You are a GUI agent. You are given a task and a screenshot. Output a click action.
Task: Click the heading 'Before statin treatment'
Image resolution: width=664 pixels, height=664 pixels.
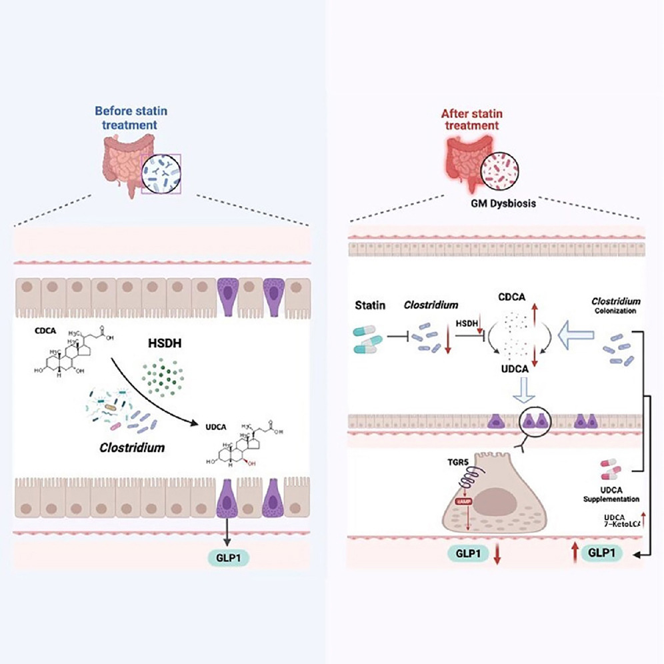125,117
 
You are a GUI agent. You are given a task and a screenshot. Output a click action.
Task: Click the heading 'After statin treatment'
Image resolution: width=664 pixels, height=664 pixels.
476,117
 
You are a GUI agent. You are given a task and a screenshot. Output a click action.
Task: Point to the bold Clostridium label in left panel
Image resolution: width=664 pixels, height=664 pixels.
131,448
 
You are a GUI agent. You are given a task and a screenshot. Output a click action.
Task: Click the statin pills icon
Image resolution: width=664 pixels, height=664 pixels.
368,337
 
